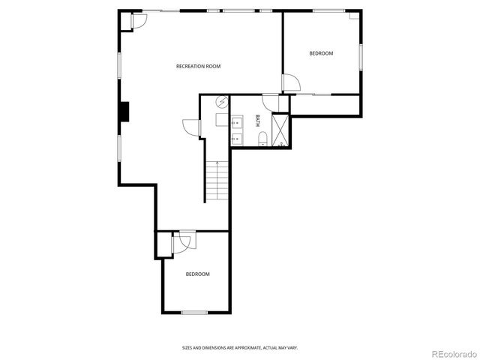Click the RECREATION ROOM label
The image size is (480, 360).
pos(198,67)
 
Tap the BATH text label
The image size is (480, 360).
pos(257,120)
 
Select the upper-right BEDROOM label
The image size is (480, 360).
pos(321,53)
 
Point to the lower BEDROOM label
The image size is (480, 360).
pos(197,274)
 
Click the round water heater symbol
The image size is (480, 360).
pos(221,102)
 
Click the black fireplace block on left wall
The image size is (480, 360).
pos(124,111)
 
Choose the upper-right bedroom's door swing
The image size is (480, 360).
pos(292,83)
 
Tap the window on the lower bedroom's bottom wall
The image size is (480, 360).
pos(194,311)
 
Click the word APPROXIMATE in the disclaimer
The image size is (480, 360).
pos(237,347)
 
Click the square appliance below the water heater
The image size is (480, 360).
pos(221,119)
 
